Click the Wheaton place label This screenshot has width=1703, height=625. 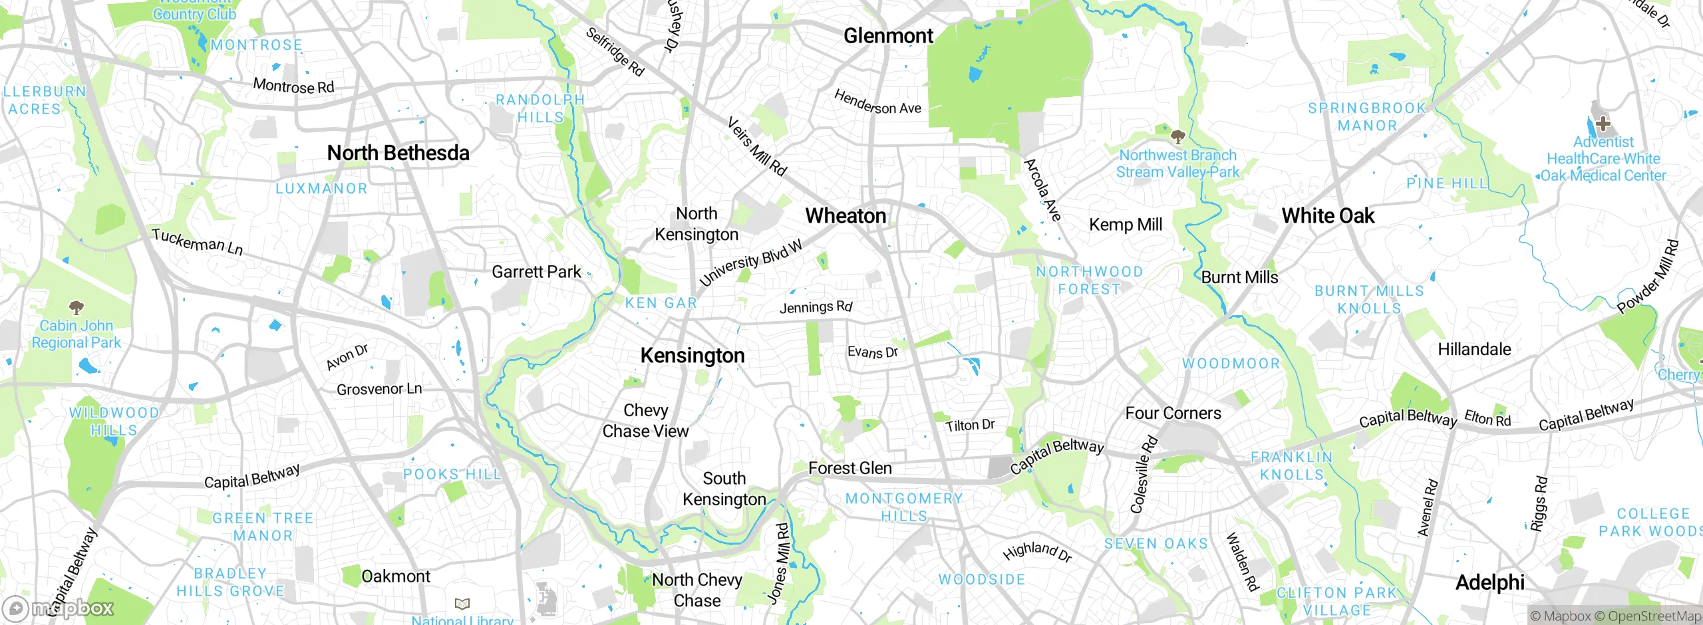pyautogui.click(x=846, y=216)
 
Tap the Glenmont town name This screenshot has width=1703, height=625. pyautogui.click(x=888, y=36)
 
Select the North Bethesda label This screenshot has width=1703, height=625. pyautogui.click(x=398, y=153)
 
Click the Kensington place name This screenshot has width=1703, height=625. pyautogui.click(x=693, y=356)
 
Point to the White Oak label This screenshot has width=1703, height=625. pyautogui.click(x=1328, y=216)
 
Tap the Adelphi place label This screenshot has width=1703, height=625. pyautogui.click(x=1489, y=582)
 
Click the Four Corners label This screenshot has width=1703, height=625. pyautogui.click(x=1173, y=413)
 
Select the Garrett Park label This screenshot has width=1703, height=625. pyautogui.click(x=536, y=272)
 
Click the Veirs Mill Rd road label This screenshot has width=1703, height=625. pyautogui.click(x=757, y=146)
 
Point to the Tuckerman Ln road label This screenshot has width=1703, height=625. pyautogui.click(x=197, y=241)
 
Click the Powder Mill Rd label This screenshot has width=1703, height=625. pyautogui.click(x=1648, y=277)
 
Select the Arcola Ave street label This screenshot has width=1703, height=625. pyautogui.click(x=1042, y=190)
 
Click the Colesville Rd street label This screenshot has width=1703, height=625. pyautogui.click(x=1144, y=475)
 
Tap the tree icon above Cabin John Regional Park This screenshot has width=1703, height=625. pyautogui.click(x=77, y=307)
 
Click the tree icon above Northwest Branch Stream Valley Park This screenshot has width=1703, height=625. pyautogui.click(x=1177, y=137)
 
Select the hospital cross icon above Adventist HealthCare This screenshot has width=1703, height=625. pyautogui.click(x=1603, y=124)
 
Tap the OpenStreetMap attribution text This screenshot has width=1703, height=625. pyautogui.click(x=1652, y=616)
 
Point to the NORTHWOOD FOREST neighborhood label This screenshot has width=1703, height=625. pyautogui.click(x=1089, y=280)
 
